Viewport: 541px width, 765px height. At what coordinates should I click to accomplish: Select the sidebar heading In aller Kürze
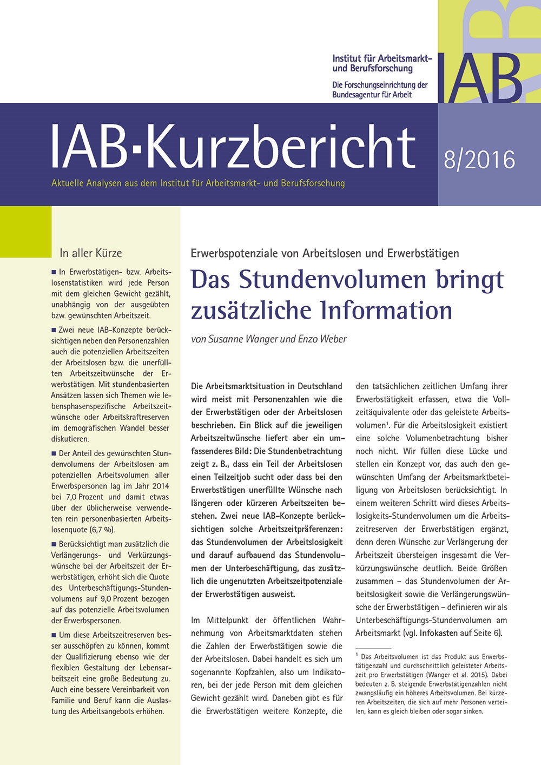tap(91, 253)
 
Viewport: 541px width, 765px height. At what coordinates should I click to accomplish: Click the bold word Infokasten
tap(438, 633)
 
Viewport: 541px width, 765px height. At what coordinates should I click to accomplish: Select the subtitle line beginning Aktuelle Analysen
tap(198, 183)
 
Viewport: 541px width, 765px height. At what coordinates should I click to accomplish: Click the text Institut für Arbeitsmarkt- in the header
tap(382, 58)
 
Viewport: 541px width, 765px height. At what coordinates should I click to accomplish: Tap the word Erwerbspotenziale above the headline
tap(245, 253)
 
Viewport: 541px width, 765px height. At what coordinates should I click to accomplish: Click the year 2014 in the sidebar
tap(161, 486)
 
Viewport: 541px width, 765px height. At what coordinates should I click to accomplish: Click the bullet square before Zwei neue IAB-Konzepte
tap(54, 329)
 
